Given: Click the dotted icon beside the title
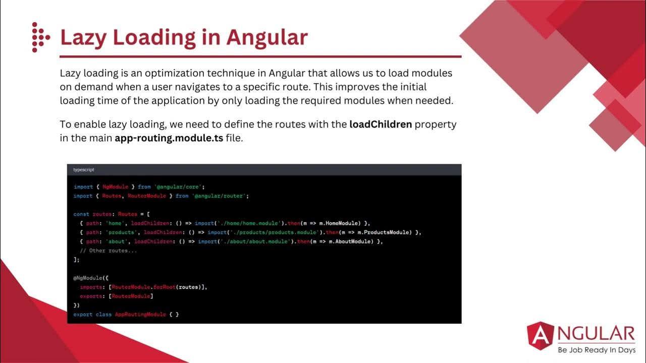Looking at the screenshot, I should (40, 37).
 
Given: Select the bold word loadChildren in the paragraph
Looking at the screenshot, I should (381, 124).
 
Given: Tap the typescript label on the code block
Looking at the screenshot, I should (84, 170).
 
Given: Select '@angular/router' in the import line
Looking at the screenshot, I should (220, 196).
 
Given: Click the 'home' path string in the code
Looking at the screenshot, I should (115, 223).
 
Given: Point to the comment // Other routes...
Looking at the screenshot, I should (108, 251).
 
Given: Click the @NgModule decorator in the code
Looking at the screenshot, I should (86, 278).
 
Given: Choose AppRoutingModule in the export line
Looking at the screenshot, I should (140, 314).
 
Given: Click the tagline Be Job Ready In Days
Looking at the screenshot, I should (596, 350).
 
